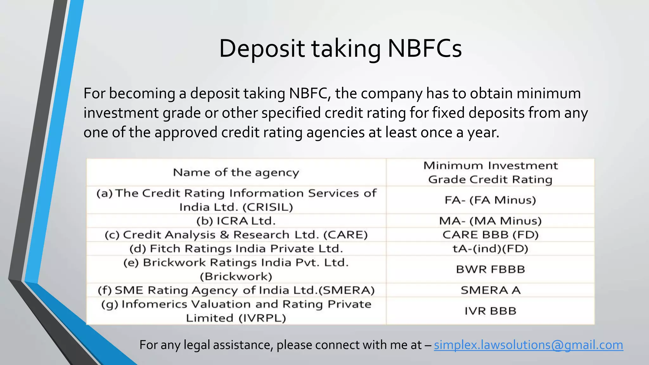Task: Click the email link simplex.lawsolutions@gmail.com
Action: [x=528, y=345]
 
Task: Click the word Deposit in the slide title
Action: [x=262, y=48]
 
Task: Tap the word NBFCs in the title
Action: [x=425, y=48]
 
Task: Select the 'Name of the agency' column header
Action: [x=236, y=172]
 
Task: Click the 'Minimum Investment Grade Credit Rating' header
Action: [x=490, y=172]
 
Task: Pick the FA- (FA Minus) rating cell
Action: [x=490, y=200]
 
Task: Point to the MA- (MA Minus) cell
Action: [x=490, y=221]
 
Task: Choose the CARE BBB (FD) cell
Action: [x=490, y=235]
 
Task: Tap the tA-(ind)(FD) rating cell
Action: [x=490, y=249]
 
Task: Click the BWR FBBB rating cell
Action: [x=490, y=269]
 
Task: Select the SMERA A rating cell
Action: [x=490, y=290]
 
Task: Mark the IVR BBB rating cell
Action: [x=490, y=311]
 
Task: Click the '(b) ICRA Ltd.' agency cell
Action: [x=236, y=221]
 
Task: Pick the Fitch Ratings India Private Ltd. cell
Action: [x=236, y=249]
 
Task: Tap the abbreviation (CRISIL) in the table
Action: [x=268, y=207]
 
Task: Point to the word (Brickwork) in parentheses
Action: [x=236, y=277]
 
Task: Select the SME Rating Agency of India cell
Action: [x=236, y=290]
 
